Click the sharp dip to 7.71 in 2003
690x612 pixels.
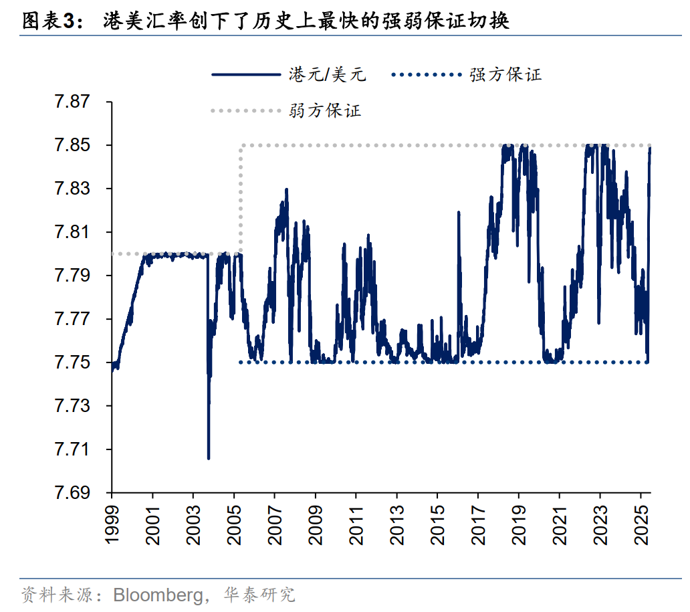click(209, 457)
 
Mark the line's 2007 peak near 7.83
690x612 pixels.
click(286, 190)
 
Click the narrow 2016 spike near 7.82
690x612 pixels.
click(459, 213)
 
